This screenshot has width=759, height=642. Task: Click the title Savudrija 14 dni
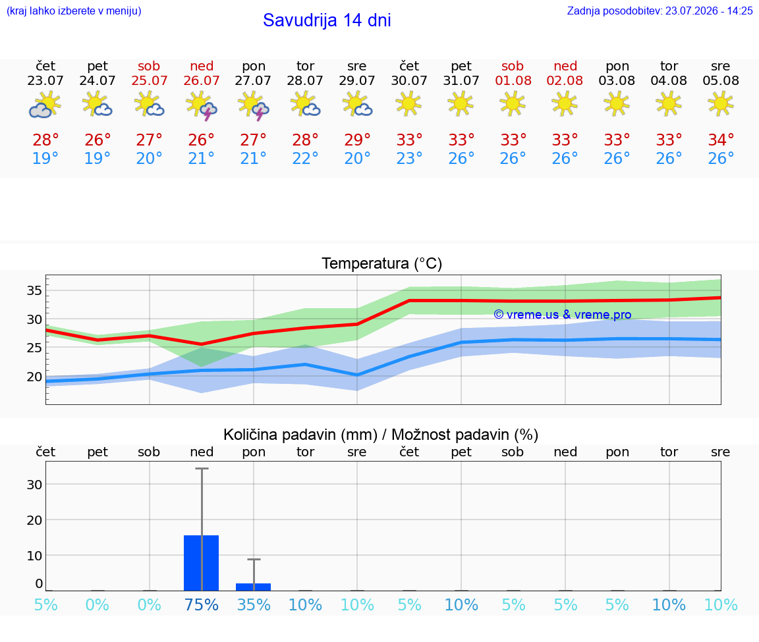point(327,20)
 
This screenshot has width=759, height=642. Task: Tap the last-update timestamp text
point(660,11)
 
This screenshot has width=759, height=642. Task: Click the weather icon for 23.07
point(45,105)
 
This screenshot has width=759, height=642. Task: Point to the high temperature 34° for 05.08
point(721,140)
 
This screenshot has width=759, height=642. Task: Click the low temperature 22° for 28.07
point(305,158)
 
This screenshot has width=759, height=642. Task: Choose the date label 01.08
point(513,80)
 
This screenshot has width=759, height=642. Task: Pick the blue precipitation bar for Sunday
point(202,563)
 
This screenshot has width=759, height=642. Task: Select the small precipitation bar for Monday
point(253,587)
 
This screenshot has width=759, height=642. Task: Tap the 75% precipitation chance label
point(202,604)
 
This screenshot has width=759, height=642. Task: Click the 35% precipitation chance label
point(254,604)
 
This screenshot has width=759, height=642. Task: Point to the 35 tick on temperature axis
point(34,290)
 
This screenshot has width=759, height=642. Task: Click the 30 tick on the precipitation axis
point(34,484)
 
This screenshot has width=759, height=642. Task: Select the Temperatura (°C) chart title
point(382,263)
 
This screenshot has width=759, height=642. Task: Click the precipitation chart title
point(381,435)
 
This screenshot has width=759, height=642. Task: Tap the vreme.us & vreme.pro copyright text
point(563,315)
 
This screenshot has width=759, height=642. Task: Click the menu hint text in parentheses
point(74,11)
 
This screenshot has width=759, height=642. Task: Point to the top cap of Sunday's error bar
point(202,468)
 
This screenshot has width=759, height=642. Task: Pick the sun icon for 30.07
point(409,104)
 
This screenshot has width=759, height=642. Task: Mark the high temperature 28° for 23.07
point(45,140)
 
